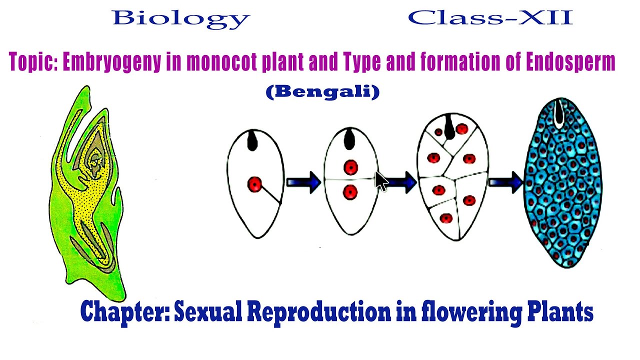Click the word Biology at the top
click(x=181, y=18)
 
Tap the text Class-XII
click(x=490, y=18)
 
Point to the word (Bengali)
click(x=322, y=92)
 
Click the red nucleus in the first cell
click(x=255, y=185)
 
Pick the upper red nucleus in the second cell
click(x=350, y=167)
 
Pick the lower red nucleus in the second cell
click(x=350, y=191)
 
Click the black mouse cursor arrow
click(x=381, y=181)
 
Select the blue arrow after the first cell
click(x=304, y=182)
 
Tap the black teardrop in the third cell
click(x=450, y=129)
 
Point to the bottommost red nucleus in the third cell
click(x=446, y=218)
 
